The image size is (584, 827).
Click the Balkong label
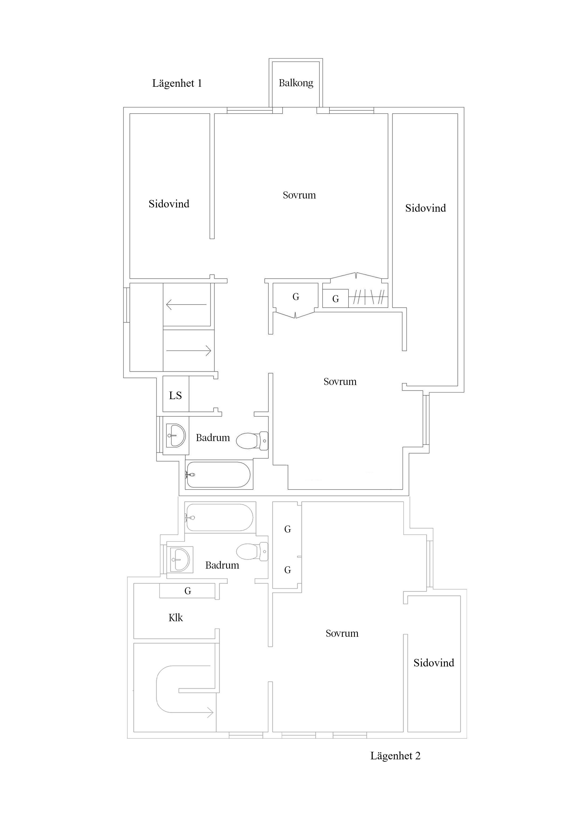[296, 83]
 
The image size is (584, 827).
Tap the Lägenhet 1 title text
[177, 83]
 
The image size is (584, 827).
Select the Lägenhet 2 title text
[395, 756]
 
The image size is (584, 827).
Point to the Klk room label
[176, 618]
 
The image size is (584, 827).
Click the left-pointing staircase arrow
[186, 305]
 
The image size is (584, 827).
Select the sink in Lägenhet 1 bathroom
[176, 435]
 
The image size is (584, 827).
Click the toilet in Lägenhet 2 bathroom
[252, 551]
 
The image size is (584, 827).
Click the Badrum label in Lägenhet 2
[222, 565]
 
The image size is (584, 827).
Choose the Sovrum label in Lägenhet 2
[342, 633]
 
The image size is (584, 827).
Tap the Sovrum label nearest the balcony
[299, 195]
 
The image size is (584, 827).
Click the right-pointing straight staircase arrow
[189, 350]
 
